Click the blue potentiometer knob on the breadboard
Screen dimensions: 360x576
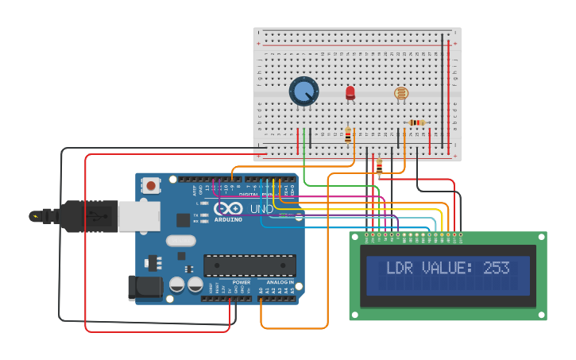tap(303, 91)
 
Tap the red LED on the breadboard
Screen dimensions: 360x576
tap(350, 93)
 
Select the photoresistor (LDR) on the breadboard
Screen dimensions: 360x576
tap(402, 94)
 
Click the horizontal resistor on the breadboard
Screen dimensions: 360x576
tap(416, 122)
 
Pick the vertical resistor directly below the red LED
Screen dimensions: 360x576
tap(348, 134)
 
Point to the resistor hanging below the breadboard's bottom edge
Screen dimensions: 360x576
tap(379, 166)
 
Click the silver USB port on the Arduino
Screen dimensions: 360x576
tap(139, 215)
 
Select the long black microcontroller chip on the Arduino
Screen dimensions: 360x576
tap(249, 265)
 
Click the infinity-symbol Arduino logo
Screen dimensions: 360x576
tap(227, 209)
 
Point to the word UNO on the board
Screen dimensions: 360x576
tap(262, 209)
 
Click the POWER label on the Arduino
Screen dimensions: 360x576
tap(242, 282)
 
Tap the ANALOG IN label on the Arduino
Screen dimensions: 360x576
tap(280, 282)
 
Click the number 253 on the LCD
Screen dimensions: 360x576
tap(497, 268)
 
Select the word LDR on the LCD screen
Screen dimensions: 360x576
tap(400, 268)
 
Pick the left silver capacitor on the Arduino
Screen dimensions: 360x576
tap(176, 284)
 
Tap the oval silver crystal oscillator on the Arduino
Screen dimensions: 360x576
tap(180, 241)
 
